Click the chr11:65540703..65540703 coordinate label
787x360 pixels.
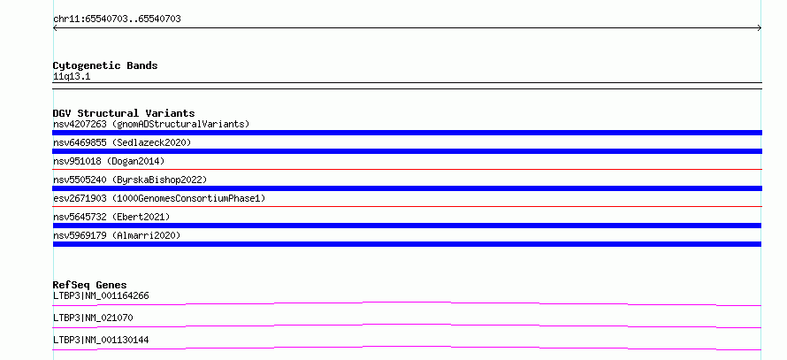click(x=117, y=19)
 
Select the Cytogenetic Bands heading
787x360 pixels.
click(x=105, y=65)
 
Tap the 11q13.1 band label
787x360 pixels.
click(x=72, y=77)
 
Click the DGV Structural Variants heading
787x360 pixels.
click(x=124, y=113)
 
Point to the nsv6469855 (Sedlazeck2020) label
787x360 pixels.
click(x=122, y=142)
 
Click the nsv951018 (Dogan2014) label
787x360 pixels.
click(x=109, y=161)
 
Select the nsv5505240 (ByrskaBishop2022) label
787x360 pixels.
click(x=130, y=180)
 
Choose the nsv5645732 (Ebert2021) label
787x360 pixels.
click(x=111, y=217)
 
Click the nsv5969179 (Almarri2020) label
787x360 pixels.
click(x=117, y=235)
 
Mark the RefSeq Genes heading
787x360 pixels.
click(x=90, y=285)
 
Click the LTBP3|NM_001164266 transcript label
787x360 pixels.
click(x=101, y=295)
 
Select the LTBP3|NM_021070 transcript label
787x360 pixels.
click(x=93, y=318)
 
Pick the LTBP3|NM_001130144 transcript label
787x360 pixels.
click(x=101, y=340)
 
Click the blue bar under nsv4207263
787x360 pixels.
click(x=407, y=133)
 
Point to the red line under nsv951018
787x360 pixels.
click(x=407, y=170)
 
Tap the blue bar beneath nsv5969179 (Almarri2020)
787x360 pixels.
click(x=407, y=244)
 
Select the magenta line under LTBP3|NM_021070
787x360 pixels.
click(x=407, y=325)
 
